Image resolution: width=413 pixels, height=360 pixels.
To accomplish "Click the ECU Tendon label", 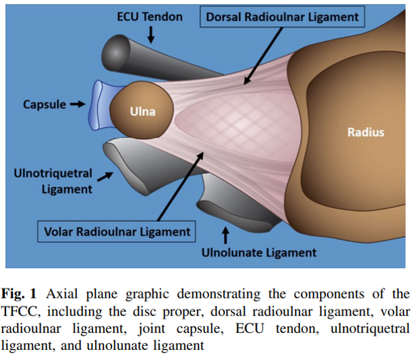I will click(150, 16).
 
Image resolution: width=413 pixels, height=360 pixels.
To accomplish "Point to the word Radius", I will click(365, 132).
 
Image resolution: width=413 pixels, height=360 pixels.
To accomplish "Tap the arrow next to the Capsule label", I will click(78, 105).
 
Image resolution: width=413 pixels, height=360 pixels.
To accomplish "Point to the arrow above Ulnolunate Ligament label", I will click(225, 235).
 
